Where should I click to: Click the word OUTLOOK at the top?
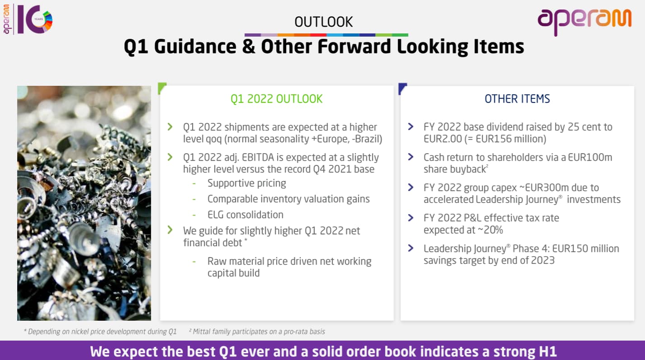(323, 22)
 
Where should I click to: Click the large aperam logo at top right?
(584, 22)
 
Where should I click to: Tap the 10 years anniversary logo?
(28, 19)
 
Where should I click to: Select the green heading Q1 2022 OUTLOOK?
(277, 99)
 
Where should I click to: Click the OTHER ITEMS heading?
(517, 99)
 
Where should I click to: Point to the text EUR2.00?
(443, 139)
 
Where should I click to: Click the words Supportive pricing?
(247, 183)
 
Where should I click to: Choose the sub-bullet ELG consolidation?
(245, 215)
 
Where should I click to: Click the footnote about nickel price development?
(100, 332)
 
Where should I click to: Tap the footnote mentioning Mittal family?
(257, 332)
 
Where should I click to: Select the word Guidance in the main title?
(195, 47)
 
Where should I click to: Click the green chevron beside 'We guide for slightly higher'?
(170, 230)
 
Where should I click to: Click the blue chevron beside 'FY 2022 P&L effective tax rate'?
(411, 218)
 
